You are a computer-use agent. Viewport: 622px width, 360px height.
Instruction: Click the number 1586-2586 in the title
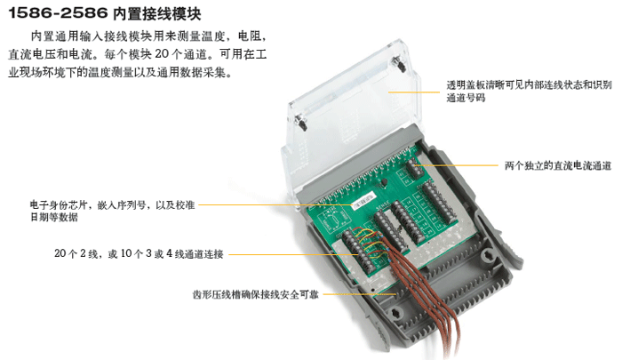[58, 12]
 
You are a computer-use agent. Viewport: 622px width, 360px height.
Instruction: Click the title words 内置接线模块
[157, 13]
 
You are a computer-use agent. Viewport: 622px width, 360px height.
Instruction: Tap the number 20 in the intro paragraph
[162, 53]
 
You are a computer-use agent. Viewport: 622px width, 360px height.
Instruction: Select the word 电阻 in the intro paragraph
[249, 36]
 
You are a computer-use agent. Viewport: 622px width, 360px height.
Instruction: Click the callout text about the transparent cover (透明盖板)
[529, 91]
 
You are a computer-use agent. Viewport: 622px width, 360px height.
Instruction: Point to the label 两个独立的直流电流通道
[558, 165]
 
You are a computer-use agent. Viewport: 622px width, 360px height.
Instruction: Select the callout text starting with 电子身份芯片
[112, 211]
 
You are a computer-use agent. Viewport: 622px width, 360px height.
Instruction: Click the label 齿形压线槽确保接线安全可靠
[256, 294]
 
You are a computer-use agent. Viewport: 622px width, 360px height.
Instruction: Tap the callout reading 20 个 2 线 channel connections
[139, 253]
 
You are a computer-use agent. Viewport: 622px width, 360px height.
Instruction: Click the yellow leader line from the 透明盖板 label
[414, 92]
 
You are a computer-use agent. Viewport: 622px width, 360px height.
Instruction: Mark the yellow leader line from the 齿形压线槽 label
[359, 294]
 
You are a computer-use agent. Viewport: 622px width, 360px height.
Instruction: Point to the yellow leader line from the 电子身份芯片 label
[275, 204]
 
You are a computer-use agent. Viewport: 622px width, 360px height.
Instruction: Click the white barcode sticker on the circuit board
[365, 200]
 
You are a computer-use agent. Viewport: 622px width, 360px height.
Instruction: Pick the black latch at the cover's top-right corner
[399, 64]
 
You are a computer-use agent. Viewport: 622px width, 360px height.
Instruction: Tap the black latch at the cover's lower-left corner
[301, 123]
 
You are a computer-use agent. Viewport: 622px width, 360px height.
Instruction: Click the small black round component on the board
[385, 182]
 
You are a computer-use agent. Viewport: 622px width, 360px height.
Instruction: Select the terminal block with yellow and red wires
[356, 250]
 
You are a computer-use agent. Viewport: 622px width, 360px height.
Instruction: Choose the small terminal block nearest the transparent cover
[413, 167]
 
